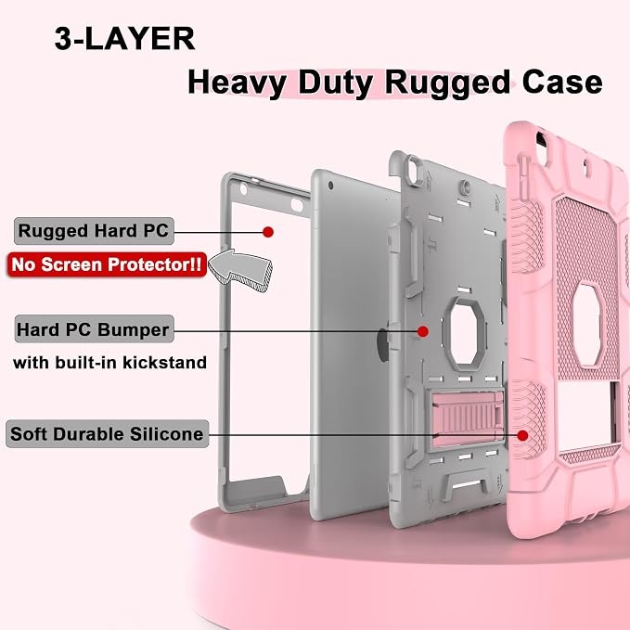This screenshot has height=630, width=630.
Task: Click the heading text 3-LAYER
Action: (124, 39)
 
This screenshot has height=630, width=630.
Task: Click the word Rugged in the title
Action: (447, 84)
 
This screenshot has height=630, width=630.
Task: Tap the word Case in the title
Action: (562, 82)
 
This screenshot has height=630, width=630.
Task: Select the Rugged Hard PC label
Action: (94, 231)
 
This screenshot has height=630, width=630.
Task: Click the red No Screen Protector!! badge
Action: (107, 264)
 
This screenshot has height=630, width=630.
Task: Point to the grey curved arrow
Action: (241, 269)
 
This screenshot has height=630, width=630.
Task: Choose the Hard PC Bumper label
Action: (94, 329)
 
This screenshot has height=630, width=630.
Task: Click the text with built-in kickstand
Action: (109, 363)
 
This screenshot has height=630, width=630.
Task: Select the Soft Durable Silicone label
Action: (108, 434)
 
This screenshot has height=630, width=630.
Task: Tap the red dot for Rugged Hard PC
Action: (268, 232)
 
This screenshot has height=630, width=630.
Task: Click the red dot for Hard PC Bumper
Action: (423, 331)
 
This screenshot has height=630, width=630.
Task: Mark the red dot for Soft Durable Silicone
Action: (522, 435)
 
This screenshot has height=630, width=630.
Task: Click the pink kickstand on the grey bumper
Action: (467, 418)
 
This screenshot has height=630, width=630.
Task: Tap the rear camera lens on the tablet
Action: (330, 186)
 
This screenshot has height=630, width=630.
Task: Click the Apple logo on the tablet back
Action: (383, 345)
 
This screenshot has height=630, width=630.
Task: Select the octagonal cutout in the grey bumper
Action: (464, 334)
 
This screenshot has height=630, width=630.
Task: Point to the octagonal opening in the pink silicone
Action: (587, 325)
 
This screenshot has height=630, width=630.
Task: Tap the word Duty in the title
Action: (336, 84)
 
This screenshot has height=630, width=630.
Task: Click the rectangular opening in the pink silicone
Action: (587, 417)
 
